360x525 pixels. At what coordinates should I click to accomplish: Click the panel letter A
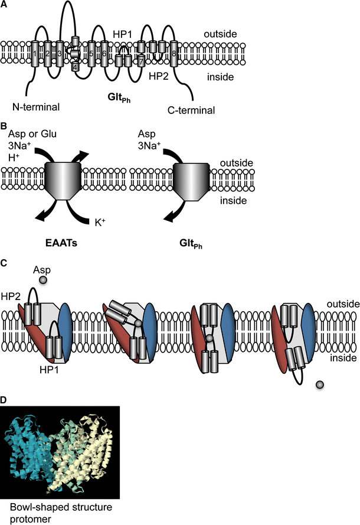point(4,5)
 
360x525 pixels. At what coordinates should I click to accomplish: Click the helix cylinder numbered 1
point(35,54)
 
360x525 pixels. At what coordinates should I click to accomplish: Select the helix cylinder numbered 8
point(175,54)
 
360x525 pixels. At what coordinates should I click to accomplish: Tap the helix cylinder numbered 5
point(91,54)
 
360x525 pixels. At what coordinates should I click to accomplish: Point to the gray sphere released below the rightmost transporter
point(320,384)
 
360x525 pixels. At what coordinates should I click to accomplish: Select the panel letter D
point(4,400)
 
